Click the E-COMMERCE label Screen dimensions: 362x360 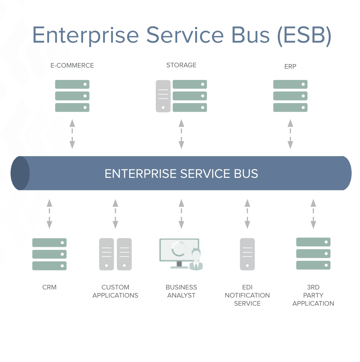[x=72, y=65]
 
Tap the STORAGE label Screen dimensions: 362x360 [x=181, y=65]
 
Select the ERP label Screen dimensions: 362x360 [x=290, y=66]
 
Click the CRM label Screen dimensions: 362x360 [x=49, y=287]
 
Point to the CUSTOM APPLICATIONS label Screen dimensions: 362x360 [x=115, y=291]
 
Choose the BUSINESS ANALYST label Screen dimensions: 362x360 [x=181, y=291]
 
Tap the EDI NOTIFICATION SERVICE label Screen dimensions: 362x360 [x=247, y=295]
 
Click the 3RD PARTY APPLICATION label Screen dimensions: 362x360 [x=313, y=295]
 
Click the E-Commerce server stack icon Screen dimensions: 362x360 [x=72, y=96]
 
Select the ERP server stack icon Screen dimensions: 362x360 [x=290, y=96]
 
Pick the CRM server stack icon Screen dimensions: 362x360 [x=49, y=254]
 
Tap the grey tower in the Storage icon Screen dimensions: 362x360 [x=163, y=96]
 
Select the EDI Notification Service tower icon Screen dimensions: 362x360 [x=247, y=254]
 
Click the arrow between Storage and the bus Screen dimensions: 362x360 [x=181, y=134]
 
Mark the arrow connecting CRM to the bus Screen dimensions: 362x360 [x=49, y=214]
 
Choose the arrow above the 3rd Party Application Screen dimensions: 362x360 [x=313, y=214]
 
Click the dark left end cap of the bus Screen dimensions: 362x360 [x=20, y=173]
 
